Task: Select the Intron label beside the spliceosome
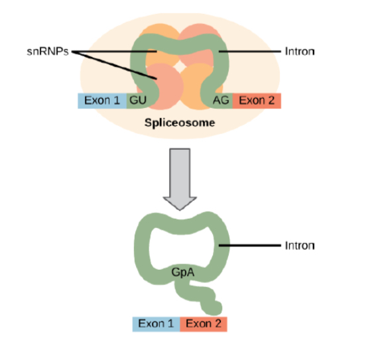299,51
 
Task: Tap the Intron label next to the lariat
299,245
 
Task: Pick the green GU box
138,101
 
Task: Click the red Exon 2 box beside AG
257,101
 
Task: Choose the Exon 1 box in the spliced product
156,324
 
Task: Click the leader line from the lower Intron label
252,246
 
